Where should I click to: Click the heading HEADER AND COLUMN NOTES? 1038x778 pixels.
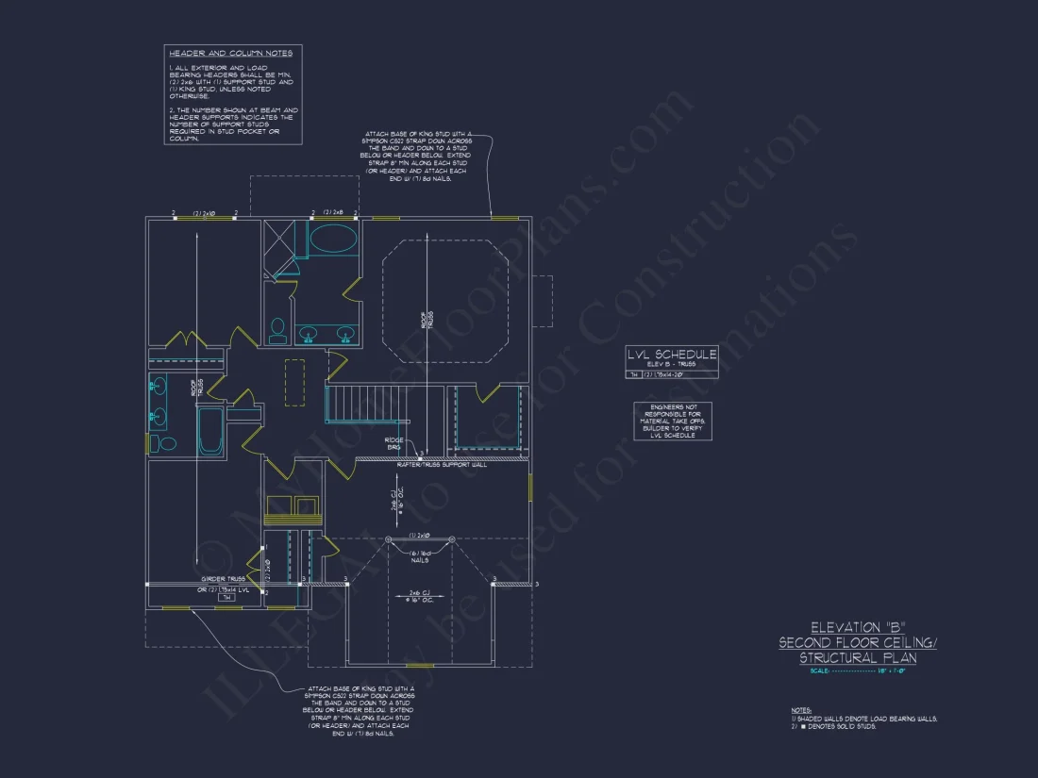230,54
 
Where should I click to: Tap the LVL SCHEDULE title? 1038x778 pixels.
672,354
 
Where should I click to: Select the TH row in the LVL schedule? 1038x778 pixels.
672,374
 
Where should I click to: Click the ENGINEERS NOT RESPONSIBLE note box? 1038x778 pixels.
673,421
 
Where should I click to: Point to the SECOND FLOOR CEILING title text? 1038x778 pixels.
858,642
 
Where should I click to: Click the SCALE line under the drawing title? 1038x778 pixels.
858,670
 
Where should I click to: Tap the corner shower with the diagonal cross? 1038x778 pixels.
277,240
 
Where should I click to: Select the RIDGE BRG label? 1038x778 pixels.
394,443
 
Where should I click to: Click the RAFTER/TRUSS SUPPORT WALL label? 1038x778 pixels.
441,465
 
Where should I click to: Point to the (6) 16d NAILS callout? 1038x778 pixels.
420,555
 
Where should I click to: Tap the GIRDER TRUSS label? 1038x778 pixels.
224,579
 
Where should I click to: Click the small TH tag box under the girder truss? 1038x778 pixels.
226,598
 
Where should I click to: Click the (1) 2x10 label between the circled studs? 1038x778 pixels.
420,535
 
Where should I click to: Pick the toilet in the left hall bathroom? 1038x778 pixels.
167,443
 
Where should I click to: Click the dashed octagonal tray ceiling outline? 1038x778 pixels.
444,301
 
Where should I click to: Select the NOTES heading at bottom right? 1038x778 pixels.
801,710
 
